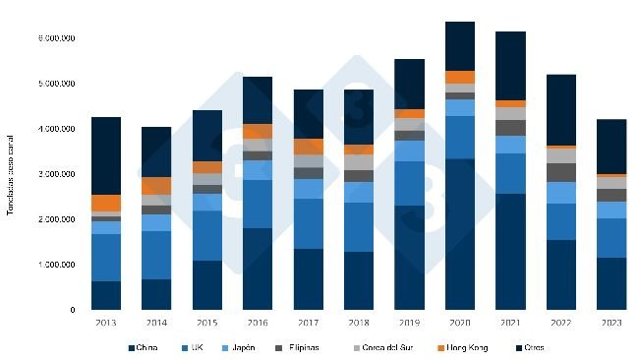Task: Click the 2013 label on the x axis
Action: click(105, 322)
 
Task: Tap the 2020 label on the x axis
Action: click(460, 322)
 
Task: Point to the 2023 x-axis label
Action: click(611, 322)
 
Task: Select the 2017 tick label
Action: click(308, 322)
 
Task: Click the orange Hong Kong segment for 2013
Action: click(105, 203)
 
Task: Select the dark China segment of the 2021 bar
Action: click(510, 252)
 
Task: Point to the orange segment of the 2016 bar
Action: click(258, 131)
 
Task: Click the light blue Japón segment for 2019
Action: click(409, 150)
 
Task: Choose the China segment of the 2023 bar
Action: click(611, 283)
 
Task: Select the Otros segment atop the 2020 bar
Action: click(460, 46)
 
